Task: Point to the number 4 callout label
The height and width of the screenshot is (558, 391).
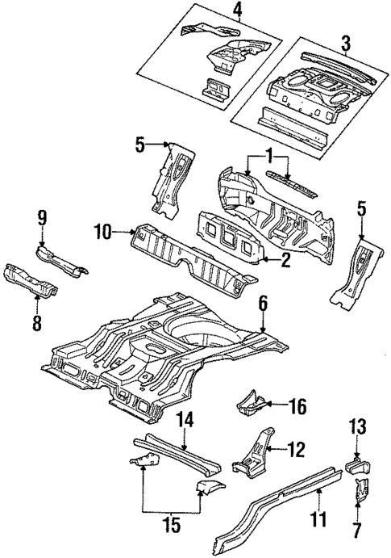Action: click(214, 10)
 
